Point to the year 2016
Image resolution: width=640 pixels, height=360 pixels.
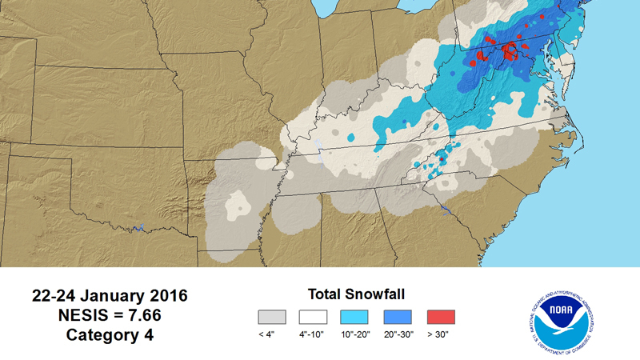[x=166, y=296]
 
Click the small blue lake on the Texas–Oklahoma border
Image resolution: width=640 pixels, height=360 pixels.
[x=139, y=228]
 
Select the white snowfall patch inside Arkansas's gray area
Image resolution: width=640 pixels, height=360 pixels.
[x=237, y=206]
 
